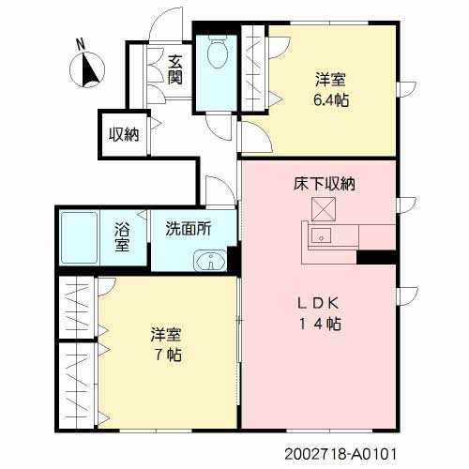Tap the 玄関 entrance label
click(174, 69)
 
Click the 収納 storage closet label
click(124, 134)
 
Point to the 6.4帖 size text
click(332, 99)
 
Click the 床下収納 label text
click(324, 185)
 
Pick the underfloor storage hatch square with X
click(324, 208)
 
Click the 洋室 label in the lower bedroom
click(169, 334)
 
